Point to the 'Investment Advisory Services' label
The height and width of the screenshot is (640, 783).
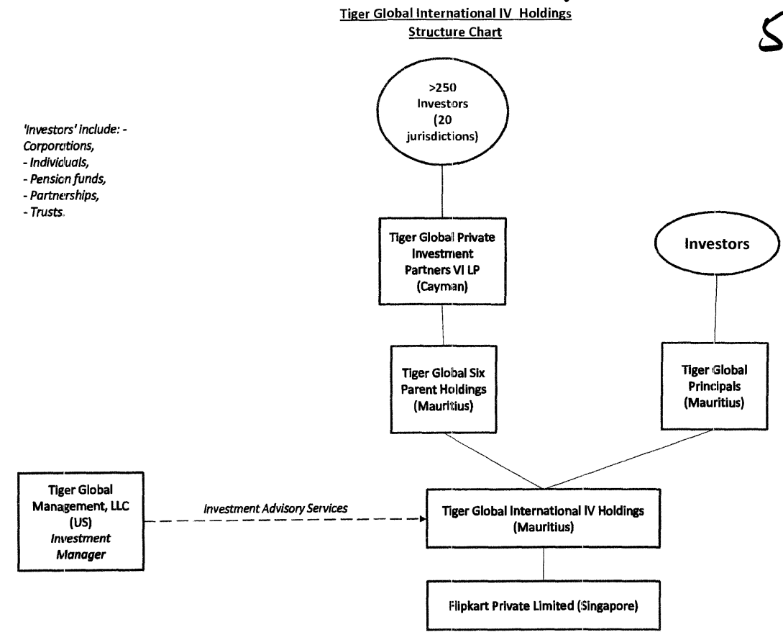click(x=275, y=508)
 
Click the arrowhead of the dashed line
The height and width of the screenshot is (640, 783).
click(x=423, y=518)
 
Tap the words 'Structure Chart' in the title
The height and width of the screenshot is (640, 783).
click(x=455, y=32)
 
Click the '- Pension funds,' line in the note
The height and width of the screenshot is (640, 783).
click(x=65, y=179)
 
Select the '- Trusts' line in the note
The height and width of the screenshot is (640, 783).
click(x=44, y=212)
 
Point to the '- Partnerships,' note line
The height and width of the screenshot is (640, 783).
click(x=61, y=196)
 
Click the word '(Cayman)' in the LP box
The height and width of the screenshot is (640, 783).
click(x=442, y=287)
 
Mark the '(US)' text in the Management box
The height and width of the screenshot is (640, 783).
click(x=81, y=523)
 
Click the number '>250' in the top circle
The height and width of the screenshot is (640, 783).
click(x=443, y=88)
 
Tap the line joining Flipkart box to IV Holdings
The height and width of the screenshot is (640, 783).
click(x=544, y=564)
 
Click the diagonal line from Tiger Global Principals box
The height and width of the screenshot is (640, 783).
click(x=629, y=459)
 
